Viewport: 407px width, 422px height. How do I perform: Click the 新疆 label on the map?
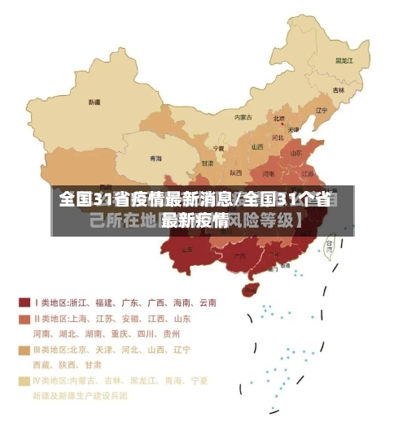tap(94, 102)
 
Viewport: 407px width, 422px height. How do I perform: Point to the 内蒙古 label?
tap(243, 117)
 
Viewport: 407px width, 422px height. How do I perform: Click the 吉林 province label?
tap(338, 89)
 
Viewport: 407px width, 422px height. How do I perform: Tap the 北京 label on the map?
tap(279, 117)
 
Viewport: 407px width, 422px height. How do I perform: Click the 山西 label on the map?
tap(257, 147)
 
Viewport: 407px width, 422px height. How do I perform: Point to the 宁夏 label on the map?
tap(218, 149)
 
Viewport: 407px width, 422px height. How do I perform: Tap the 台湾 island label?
tap(330, 243)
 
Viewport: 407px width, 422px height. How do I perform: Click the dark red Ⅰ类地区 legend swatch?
tap(24, 302)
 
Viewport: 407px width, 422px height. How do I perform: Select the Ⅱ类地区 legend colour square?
tap(24, 318)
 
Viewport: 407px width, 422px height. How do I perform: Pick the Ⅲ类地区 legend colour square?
tap(24, 350)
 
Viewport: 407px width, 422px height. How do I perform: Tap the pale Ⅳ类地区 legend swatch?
tap(24, 381)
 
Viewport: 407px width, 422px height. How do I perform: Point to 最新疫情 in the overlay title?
tap(194, 220)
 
